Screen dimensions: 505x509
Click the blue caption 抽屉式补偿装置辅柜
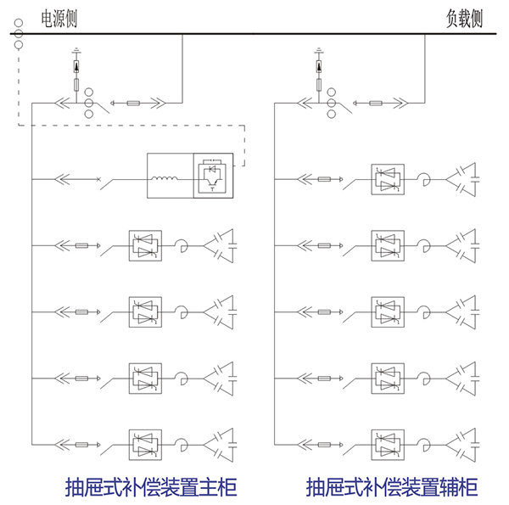392,486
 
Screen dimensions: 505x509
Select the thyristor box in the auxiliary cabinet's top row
385,179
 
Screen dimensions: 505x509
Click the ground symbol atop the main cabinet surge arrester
76,52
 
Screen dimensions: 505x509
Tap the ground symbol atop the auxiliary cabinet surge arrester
319,52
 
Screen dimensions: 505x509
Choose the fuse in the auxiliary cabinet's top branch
325,179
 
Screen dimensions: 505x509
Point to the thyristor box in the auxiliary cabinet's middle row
385,311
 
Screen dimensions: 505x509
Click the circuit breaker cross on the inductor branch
99,179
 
